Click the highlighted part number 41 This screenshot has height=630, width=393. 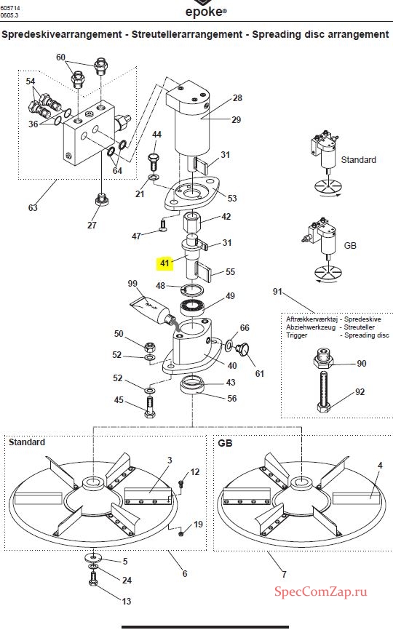coord(164,263)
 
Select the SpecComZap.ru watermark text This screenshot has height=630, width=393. coord(320,591)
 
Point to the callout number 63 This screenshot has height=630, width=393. coord(33,208)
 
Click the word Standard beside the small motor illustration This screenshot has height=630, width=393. coord(359,159)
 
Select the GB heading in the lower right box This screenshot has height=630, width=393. coord(225,443)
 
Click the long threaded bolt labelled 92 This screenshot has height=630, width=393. coord(325,391)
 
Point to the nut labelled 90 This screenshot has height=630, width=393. coord(323,359)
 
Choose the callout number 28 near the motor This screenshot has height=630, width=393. coord(237,97)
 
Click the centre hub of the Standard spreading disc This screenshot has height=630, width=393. coord(93,482)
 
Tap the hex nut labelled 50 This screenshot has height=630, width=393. coord(149,346)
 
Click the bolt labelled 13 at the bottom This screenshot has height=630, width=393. coord(93,579)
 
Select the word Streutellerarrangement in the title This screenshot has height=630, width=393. coord(187,34)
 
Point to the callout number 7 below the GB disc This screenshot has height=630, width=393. coord(284,574)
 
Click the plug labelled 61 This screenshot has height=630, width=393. coord(242,349)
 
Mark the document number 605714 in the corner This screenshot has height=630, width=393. coord(10,7)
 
